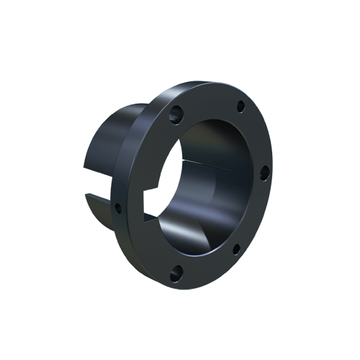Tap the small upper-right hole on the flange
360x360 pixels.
[238, 109]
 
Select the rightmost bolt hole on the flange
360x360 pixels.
[264, 171]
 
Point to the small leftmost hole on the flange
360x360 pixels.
[117, 208]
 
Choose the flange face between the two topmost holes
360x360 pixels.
[207, 101]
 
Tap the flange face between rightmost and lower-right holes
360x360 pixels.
[256, 212]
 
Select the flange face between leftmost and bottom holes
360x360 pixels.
[140, 248]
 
